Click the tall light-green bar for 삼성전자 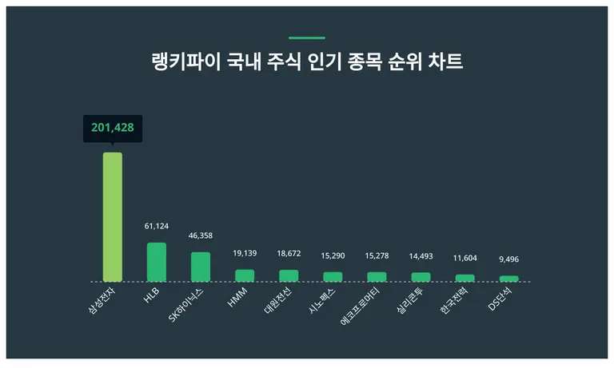[x=113, y=216]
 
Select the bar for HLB [x=157, y=262]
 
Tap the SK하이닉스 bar [x=201, y=267]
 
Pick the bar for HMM [x=245, y=275]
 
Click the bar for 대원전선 [x=289, y=275]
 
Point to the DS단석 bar [x=508, y=279]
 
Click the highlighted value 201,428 [x=113, y=128]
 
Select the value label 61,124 [x=157, y=227]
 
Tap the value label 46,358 [x=201, y=236]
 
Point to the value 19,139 [x=245, y=253]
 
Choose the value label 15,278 [x=377, y=255]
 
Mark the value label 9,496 [x=508, y=259]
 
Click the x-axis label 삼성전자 [x=103, y=302]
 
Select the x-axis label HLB [x=151, y=294]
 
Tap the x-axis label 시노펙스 [x=323, y=302]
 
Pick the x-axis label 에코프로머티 [x=364, y=306]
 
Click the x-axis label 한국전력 [x=455, y=302]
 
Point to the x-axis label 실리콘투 [x=411, y=302]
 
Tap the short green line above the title [x=307, y=38]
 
